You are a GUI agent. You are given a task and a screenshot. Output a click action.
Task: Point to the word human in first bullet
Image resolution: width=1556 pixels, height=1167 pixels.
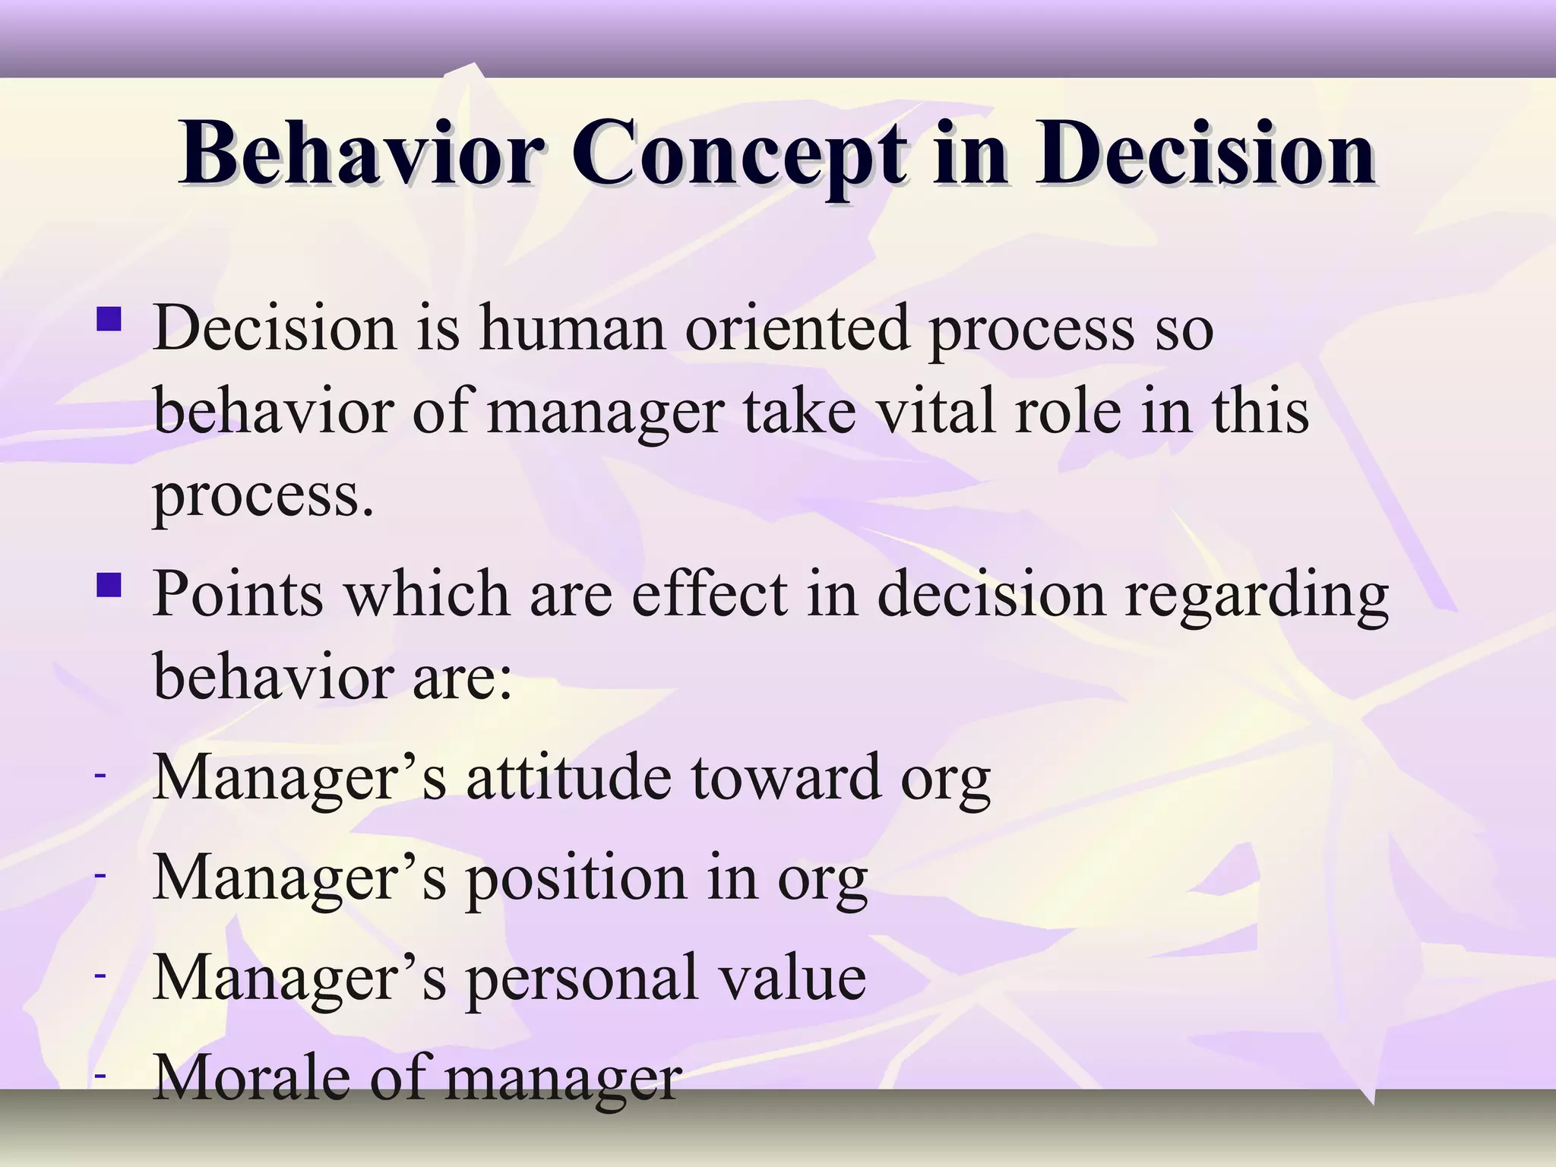pos(573,329)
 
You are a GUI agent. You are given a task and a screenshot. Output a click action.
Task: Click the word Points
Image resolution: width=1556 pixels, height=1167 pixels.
pos(239,595)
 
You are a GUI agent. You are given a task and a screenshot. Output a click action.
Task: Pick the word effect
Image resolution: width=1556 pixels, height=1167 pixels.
pos(709,595)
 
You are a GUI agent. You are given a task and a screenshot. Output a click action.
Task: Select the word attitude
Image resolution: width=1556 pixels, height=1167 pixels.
pos(569,777)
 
